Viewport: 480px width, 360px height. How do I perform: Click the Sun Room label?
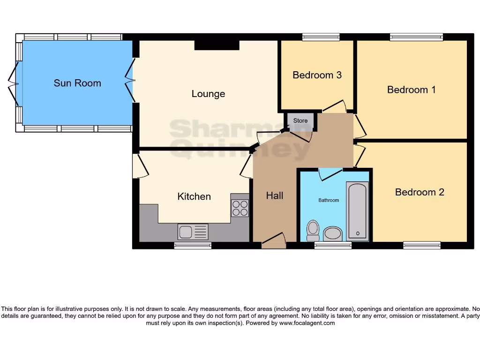(x=77, y=83)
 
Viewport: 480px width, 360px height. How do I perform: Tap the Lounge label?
(x=208, y=94)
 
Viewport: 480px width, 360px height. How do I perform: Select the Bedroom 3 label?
(x=317, y=75)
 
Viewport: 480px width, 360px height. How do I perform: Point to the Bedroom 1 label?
(x=411, y=90)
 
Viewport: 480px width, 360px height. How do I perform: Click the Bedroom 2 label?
(x=419, y=192)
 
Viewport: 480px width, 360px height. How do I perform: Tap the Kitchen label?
(x=194, y=196)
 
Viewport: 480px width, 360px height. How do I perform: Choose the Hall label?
(x=274, y=195)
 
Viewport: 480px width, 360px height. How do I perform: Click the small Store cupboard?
(x=300, y=121)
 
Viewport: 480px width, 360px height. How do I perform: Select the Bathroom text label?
(x=329, y=200)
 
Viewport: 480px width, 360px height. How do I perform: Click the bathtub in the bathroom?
(x=358, y=211)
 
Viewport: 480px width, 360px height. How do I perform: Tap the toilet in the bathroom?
(x=313, y=230)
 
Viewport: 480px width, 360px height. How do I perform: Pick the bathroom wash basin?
(x=333, y=233)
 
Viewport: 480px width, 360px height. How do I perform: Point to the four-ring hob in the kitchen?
(x=240, y=208)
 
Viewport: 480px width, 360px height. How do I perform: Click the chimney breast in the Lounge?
(x=217, y=45)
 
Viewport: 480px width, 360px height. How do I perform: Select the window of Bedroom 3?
(x=321, y=37)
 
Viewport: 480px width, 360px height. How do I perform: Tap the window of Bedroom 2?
(x=422, y=245)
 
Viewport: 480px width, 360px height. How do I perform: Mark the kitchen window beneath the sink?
(x=193, y=245)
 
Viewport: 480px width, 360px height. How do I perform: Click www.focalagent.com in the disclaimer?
(x=307, y=323)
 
